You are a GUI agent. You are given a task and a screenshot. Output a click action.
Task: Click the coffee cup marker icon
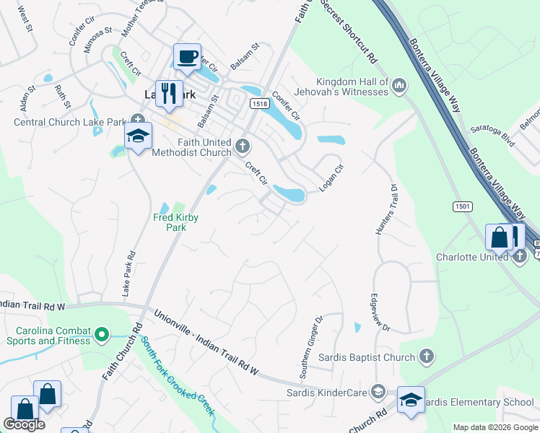click(188, 57)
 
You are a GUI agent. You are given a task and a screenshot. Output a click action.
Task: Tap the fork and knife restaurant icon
click(170, 93)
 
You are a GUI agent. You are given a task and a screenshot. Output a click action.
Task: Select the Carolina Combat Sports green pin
click(102, 334)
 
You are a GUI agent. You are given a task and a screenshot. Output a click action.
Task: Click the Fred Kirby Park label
click(175, 222)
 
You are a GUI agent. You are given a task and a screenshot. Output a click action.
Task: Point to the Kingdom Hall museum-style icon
click(400, 88)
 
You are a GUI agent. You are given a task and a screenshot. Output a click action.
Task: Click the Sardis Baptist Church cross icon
click(427, 357)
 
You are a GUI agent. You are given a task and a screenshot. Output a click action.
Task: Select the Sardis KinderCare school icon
click(377, 391)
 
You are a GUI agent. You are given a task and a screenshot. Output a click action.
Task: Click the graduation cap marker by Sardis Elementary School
click(411, 400)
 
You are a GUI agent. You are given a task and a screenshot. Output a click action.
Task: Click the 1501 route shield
click(463, 207)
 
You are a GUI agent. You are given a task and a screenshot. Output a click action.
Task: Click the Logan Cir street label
click(332, 179)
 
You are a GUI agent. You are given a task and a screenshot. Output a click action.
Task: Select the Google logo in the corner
click(24, 424)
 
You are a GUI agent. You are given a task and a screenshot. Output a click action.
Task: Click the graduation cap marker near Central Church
click(138, 135)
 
